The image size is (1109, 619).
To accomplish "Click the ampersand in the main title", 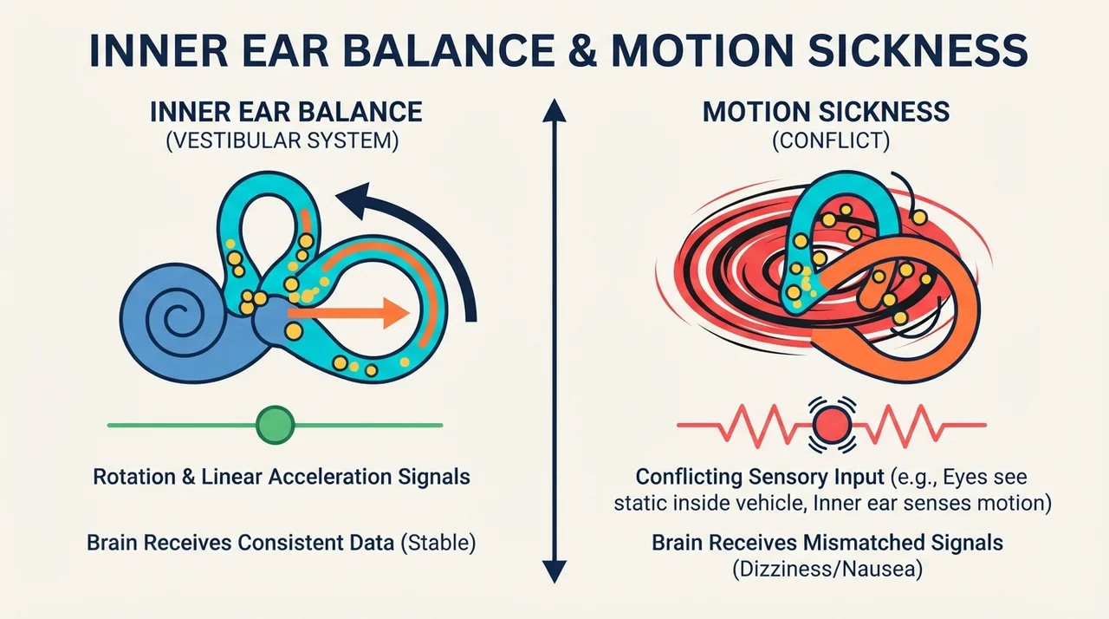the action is click(x=583, y=50).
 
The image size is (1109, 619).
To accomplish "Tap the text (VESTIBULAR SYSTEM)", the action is click(x=282, y=140).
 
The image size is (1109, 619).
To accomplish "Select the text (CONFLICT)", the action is click(x=831, y=140).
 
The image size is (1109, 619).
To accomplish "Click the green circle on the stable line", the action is click(x=276, y=425).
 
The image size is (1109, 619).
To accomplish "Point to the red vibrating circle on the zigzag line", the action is click(x=832, y=425).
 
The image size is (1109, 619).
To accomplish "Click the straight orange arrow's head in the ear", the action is click(x=396, y=313).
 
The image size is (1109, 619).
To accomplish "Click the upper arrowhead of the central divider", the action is click(x=554, y=110).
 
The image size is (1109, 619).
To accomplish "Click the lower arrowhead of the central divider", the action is click(x=554, y=571).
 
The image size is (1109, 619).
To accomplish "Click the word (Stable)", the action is click(x=438, y=543).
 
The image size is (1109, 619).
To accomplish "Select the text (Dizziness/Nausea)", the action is click(x=827, y=569).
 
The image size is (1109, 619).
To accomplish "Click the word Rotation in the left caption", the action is click(x=134, y=477).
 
